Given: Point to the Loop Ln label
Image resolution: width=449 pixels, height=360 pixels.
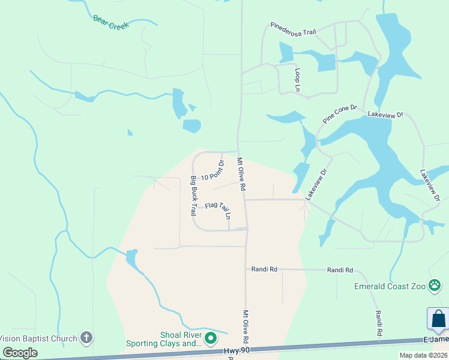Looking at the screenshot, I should pyautogui.click(x=297, y=79).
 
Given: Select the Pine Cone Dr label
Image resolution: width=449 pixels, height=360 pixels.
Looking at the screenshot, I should pyautogui.click(x=339, y=115).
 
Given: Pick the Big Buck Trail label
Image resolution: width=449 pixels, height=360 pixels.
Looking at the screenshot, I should pyautogui.click(x=193, y=196).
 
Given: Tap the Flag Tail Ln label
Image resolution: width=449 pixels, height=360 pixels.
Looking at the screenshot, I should pyautogui.click(x=217, y=209).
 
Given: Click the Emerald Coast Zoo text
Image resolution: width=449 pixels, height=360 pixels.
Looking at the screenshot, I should pyautogui.click(x=390, y=286).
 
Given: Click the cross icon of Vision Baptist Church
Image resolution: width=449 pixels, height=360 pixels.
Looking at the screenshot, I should pyautogui.click(x=86, y=338).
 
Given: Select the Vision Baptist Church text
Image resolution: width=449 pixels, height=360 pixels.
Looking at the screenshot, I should pyautogui.click(x=38, y=338).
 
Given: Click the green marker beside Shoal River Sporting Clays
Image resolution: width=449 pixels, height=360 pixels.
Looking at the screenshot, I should pyautogui.click(x=210, y=339).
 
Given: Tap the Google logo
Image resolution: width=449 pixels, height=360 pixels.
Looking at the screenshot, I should pyautogui.click(x=20, y=353).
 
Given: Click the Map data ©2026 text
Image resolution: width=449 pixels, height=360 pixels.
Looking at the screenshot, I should pyautogui.click(x=423, y=355).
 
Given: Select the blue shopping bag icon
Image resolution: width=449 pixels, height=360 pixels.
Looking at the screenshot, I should pyautogui.click(x=438, y=318).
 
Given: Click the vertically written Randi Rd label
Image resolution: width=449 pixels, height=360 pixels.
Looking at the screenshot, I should pyautogui.click(x=379, y=323).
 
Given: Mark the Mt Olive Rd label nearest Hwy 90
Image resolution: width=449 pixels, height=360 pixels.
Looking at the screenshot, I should pyautogui.click(x=246, y=326).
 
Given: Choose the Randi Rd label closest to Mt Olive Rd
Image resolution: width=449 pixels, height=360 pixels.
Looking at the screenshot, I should pyautogui.click(x=264, y=270).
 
